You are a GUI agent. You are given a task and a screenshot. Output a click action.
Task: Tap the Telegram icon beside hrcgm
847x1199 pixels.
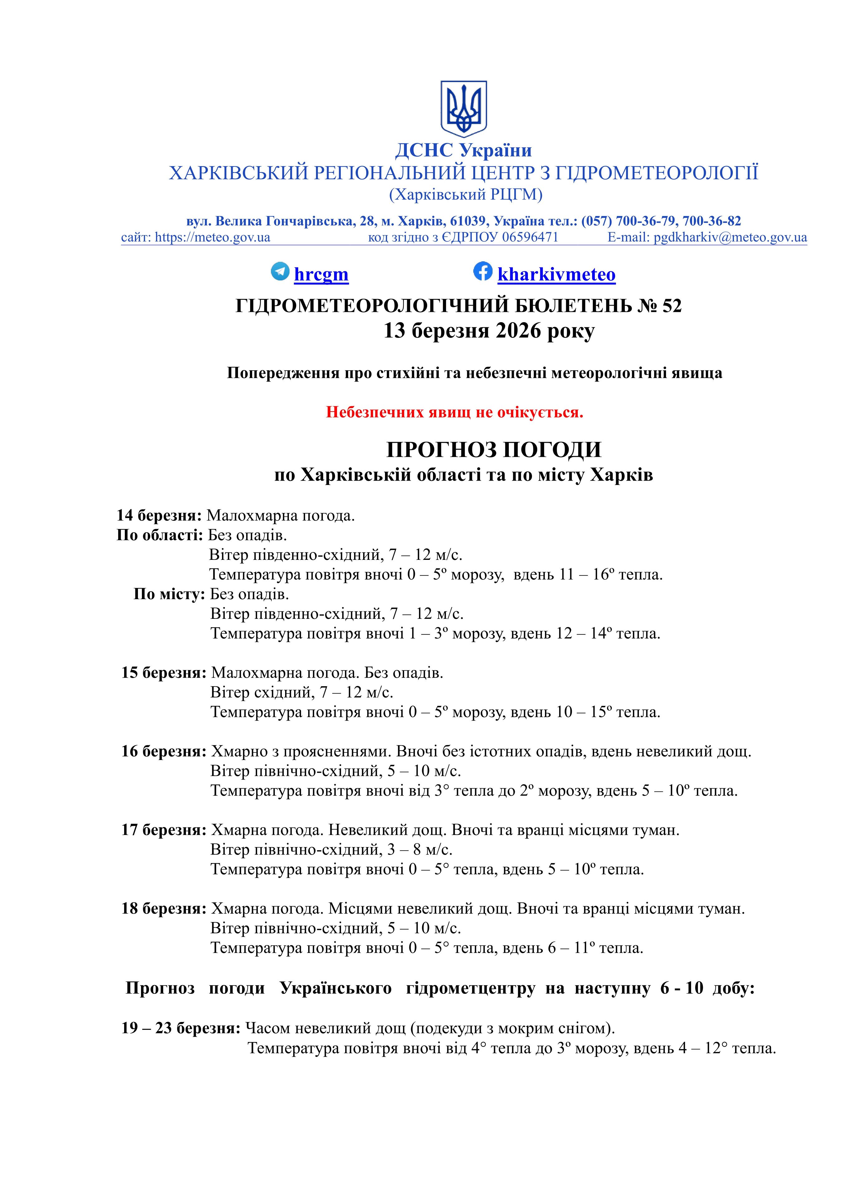pyautogui.click(x=280, y=272)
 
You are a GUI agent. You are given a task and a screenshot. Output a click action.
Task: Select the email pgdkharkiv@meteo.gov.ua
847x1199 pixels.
pyautogui.click(x=730, y=238)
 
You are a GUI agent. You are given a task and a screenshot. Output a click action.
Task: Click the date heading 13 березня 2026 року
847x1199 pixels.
pyautogui.click(x=489, y=331)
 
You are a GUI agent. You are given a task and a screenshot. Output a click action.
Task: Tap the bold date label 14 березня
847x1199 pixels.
pyautogui.click(x=159, y=516)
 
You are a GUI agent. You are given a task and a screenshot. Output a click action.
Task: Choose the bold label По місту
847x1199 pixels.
pyautogui.click(x=169, y=594)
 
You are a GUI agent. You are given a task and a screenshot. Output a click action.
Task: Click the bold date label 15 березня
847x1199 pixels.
pyautogui.click(x=164, y=673)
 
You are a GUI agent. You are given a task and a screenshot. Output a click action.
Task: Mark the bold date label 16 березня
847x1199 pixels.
pyautogui.click(x=164, y=752)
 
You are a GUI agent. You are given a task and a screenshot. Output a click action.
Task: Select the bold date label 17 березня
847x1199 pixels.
pyautogui.click(x=164, y=830)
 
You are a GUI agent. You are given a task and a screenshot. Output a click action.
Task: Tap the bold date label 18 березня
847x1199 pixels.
pyautogui.click(x=164, y=909)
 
